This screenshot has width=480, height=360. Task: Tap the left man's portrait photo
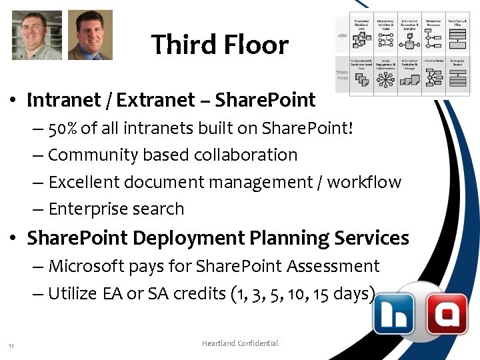[37, 35]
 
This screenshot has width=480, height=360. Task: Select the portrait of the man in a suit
[90, 35]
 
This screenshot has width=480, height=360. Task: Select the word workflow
[365, 182]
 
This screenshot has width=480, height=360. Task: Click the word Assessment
[333, 266]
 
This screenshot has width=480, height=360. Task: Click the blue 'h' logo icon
[394, 313]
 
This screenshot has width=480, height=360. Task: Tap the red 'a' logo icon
[446, 313]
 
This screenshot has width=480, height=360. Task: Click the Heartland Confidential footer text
[240, 343]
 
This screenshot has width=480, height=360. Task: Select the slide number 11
[11, 345]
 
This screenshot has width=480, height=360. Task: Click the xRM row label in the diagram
[341, 35]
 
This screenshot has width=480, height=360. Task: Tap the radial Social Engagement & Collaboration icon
[385, 79]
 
